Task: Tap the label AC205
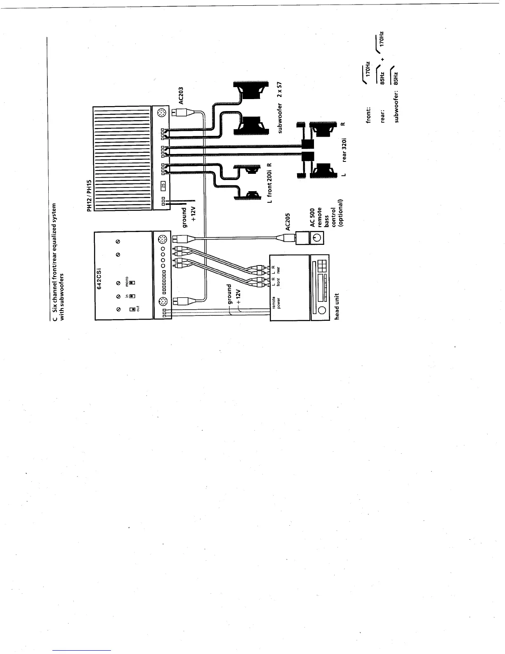288,222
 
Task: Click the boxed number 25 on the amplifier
163,185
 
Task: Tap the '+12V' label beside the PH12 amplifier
192,215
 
